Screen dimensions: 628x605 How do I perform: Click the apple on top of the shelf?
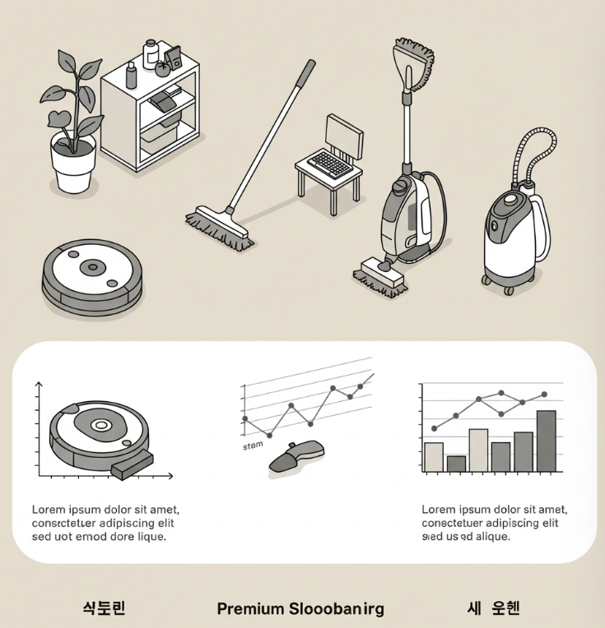coord(162,69)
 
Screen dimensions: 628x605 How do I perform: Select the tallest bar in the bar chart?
coord(546,441)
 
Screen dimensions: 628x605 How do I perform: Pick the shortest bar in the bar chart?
coord(456,464)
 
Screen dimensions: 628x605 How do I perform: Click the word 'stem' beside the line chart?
coord(253,446)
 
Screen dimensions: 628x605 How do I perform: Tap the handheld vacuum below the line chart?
coord(297,455)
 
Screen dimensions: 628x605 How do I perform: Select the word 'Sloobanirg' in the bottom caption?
coord(337,609)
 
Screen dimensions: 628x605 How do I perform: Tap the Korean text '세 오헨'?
coord(493,608)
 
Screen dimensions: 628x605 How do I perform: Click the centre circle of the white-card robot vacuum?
coord(101,425)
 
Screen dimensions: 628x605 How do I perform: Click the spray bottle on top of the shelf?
coord(132,77)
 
